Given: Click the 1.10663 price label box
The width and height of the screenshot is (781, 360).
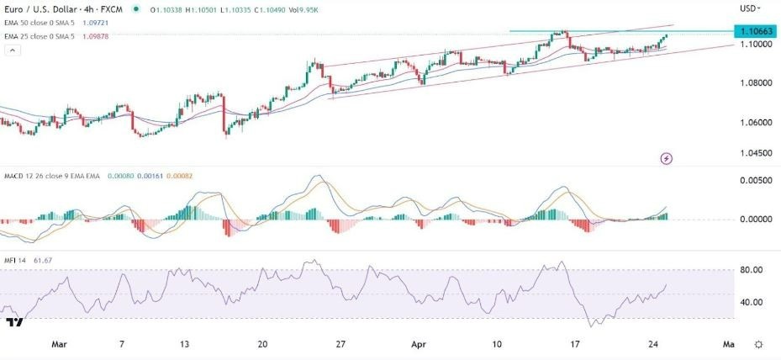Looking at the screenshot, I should click(x=754, y=31).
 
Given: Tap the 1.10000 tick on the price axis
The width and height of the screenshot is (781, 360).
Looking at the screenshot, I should click(x=754, y=44).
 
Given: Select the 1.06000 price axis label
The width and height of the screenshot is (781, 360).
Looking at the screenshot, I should click(x=754, y=123).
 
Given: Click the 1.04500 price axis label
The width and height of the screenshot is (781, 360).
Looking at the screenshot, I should click(x=754, y=153).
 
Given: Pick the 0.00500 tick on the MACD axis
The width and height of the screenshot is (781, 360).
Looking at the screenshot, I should click(x=754, y=181).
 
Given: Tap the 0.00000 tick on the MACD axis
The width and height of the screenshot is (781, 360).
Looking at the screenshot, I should click(x=754, y=220).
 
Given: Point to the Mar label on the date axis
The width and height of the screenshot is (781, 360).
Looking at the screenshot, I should click(x=58, y=344).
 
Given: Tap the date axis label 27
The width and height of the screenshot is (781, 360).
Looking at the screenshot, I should click(x=340, y=344).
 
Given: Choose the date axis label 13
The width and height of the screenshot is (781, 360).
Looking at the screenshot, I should click(x=184, y=344).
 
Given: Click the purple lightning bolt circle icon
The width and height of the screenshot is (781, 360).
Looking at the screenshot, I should click(x=667, y=158).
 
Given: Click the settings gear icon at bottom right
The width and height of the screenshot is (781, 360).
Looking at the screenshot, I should click(x=759, y=345).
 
